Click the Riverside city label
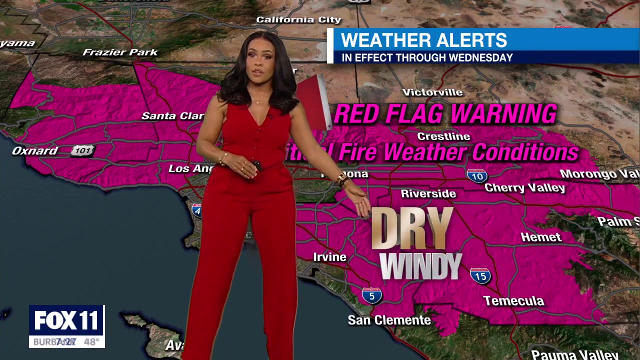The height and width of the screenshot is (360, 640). (428, 193)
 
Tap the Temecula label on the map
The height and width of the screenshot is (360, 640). (513, 300)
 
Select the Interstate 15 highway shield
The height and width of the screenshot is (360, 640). (480, 275)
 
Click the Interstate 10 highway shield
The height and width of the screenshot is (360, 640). (477, 176)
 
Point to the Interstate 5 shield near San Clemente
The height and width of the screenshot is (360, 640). (371, 295)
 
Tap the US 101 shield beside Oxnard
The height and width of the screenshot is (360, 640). (82, 150)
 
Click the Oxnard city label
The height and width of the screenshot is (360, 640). (35, 150)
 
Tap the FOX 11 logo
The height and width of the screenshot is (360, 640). (66, 320)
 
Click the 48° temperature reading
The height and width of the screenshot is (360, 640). (91, 342)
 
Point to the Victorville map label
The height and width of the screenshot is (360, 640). (432, 92)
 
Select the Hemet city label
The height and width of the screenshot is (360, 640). (541, 237)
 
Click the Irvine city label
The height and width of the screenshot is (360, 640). (329, 257)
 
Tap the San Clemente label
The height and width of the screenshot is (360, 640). (389, 320)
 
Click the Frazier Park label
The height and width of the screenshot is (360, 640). (120, 52)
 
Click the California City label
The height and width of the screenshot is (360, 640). (298, 20)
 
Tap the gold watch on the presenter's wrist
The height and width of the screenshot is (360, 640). (342, 178)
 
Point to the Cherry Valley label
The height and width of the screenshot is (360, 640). (524, 188)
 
